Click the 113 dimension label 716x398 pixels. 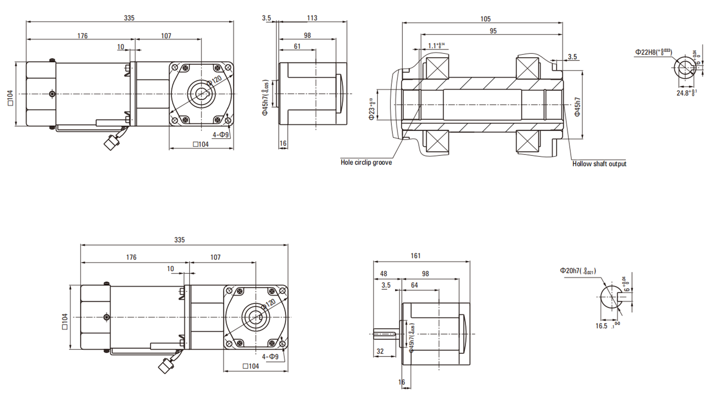(312, 18)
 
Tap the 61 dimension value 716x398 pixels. (297, 46)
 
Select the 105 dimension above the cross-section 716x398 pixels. (485, 19)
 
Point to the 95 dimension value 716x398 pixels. (493, 31)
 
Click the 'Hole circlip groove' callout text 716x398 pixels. (366, 163)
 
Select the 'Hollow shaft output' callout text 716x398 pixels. (599, 164)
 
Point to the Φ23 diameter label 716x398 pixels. (372, 109)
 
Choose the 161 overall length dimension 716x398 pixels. (415, 256)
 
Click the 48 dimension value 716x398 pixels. (383, 274)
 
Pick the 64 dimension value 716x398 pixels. (414, 286)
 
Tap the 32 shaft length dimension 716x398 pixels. (380, 352)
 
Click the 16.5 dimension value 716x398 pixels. (601, 326)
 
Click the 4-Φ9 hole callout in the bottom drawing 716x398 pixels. (270, 357)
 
